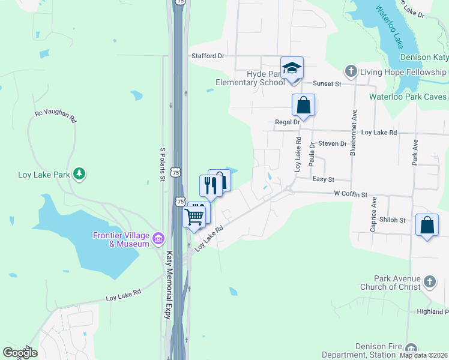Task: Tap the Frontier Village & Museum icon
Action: pyautogui.click(x=158, y=239)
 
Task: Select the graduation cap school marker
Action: pyautogui.click(x=292, y=68)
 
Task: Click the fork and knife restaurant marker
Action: pyautogui.click(x=210, y=185)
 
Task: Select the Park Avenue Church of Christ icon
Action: pyautogui.click(x=429, y=281)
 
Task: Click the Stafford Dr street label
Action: pyautogui.click(x=208, y=56)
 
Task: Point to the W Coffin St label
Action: pyautogui.click(x=351, y=194)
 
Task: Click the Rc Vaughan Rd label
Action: pyautogui.click(x=56, y=116)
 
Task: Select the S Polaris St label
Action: pyautogui.click(x=162, y=164)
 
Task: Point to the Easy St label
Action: pyautogui.click(x=323, y=179)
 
